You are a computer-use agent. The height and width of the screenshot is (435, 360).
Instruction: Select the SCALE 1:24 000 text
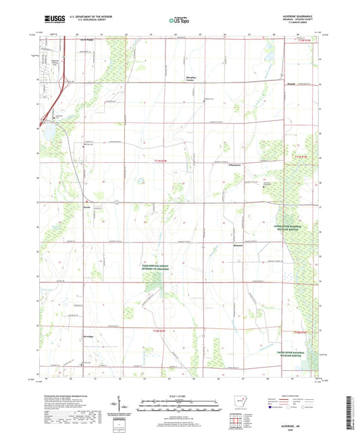[x=180, y=395]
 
